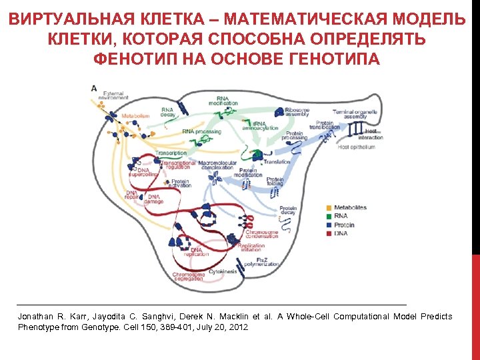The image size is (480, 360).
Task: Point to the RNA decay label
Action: (167, 111)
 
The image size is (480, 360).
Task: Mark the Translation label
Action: (277, 161)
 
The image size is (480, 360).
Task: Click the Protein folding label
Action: (275, 181)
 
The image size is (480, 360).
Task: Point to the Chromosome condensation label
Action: (262, 234)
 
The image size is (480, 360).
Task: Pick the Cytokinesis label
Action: (222, 271)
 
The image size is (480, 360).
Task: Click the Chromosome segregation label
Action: (189, 276)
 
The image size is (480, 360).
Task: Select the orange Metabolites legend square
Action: (329, 208)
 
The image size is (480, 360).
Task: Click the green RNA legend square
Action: (329, 217)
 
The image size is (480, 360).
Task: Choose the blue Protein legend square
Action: (329, 225)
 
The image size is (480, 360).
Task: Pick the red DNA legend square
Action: (329, 234)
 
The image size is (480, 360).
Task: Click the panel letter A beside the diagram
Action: (93, 87)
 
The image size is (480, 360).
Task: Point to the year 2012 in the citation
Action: (238, 327)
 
